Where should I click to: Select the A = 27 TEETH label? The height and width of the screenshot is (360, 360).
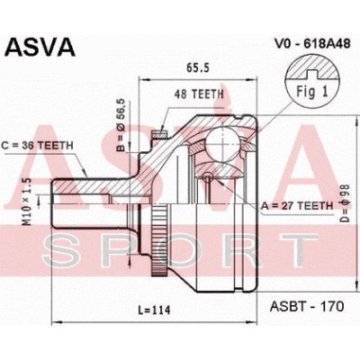click(297, 206)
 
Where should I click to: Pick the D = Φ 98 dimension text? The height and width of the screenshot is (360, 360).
click(344, 203)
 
